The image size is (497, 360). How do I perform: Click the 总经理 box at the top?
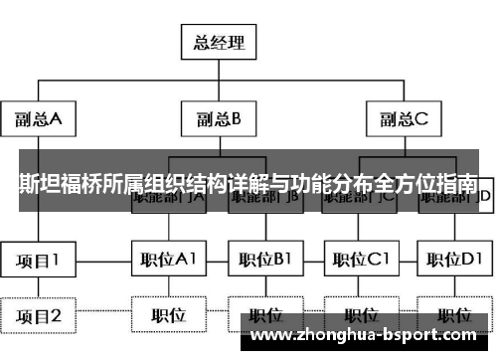tap(219, 43)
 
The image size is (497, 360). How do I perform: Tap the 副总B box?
tap(219, 119)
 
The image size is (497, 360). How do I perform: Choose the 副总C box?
tap(404, 119)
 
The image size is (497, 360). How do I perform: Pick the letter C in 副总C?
tap(422, 119)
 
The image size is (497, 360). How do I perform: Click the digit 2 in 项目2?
tap(57, 316)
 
